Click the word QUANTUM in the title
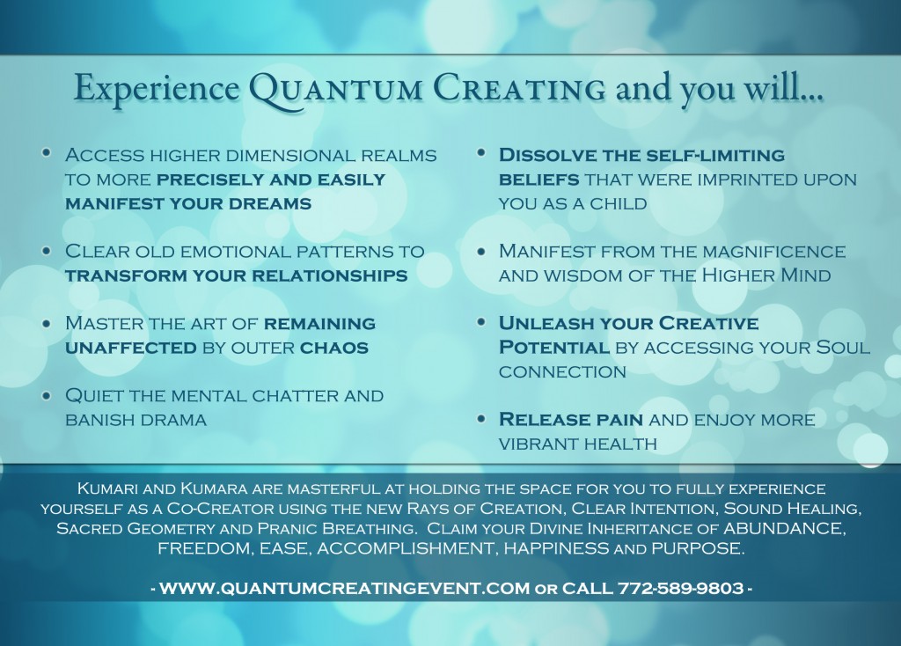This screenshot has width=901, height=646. (x=336, y=89)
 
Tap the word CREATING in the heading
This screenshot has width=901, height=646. (x=519, y=88)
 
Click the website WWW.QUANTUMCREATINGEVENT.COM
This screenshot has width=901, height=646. (x=344, y=589)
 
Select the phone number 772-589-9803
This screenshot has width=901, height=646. (x=680, y=589)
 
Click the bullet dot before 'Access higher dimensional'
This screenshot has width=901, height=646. (x=47, y=153)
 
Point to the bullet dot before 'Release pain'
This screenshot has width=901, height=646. (x=481, y=418)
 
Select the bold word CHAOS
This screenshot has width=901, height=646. (x=333, y=348)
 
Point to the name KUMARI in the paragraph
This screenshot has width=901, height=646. (x=106, y=489)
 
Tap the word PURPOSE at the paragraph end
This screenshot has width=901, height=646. (x=698, y=548)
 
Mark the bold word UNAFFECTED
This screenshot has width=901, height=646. (x=131, y=348)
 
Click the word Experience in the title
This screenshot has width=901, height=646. (x=157, y=89)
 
